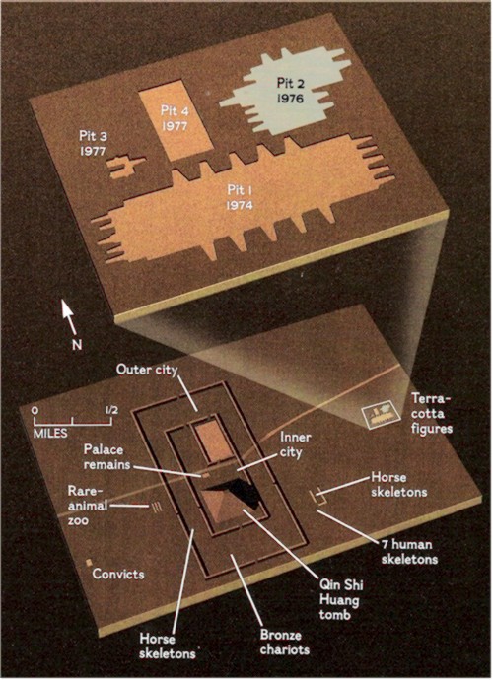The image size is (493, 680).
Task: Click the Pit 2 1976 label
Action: point(290,91)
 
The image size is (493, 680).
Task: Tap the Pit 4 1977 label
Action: point(175,118)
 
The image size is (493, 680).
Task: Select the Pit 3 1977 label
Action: point(94,143)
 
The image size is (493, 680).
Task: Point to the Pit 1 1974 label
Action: point(240,197)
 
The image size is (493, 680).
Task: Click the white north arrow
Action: point(69,317)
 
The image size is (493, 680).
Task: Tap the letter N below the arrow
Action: point(77,345)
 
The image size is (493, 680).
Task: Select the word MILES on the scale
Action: point(50,433)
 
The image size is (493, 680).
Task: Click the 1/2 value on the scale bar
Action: point(110,409)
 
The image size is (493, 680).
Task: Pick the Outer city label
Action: point(147,370)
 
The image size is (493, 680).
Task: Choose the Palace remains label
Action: point(106,456)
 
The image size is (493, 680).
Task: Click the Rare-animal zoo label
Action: point(88,506)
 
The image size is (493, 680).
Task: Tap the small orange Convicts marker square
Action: point(89,562)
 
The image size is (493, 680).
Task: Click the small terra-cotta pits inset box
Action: point(382,415)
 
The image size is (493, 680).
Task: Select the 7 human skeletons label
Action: point(409,551)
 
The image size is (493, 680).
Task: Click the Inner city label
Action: point(295,444)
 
